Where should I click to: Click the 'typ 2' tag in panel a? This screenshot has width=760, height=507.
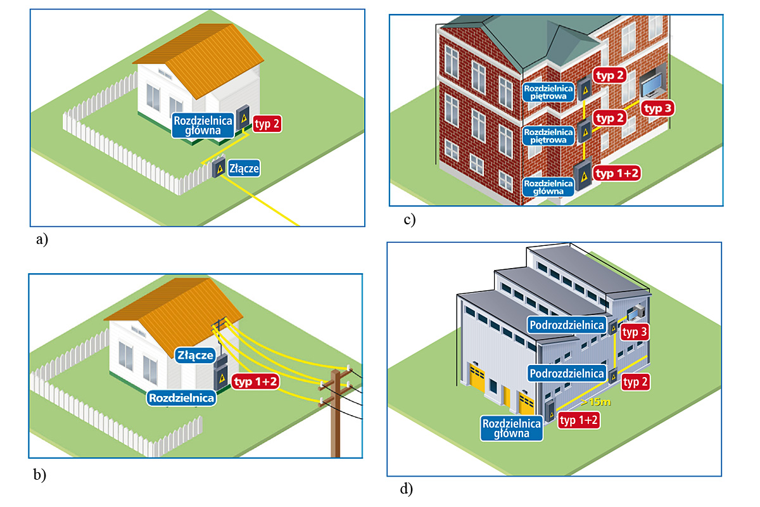click(267, 124)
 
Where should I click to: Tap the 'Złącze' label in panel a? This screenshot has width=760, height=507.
click(244, 169)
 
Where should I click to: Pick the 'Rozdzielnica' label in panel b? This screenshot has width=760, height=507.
click(181, 398)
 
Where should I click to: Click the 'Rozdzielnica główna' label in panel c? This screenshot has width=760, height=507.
click(548, 185)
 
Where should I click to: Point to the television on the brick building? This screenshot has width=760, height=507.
click(652, 84)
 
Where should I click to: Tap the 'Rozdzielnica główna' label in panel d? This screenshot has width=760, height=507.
click(512, 428)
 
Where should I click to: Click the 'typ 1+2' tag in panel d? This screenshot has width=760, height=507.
click(579, 420)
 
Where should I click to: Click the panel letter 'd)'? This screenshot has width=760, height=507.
click(406, 489)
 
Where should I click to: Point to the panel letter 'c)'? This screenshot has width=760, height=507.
click(408, 220)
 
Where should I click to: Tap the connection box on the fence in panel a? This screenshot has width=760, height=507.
click(218, 169)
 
